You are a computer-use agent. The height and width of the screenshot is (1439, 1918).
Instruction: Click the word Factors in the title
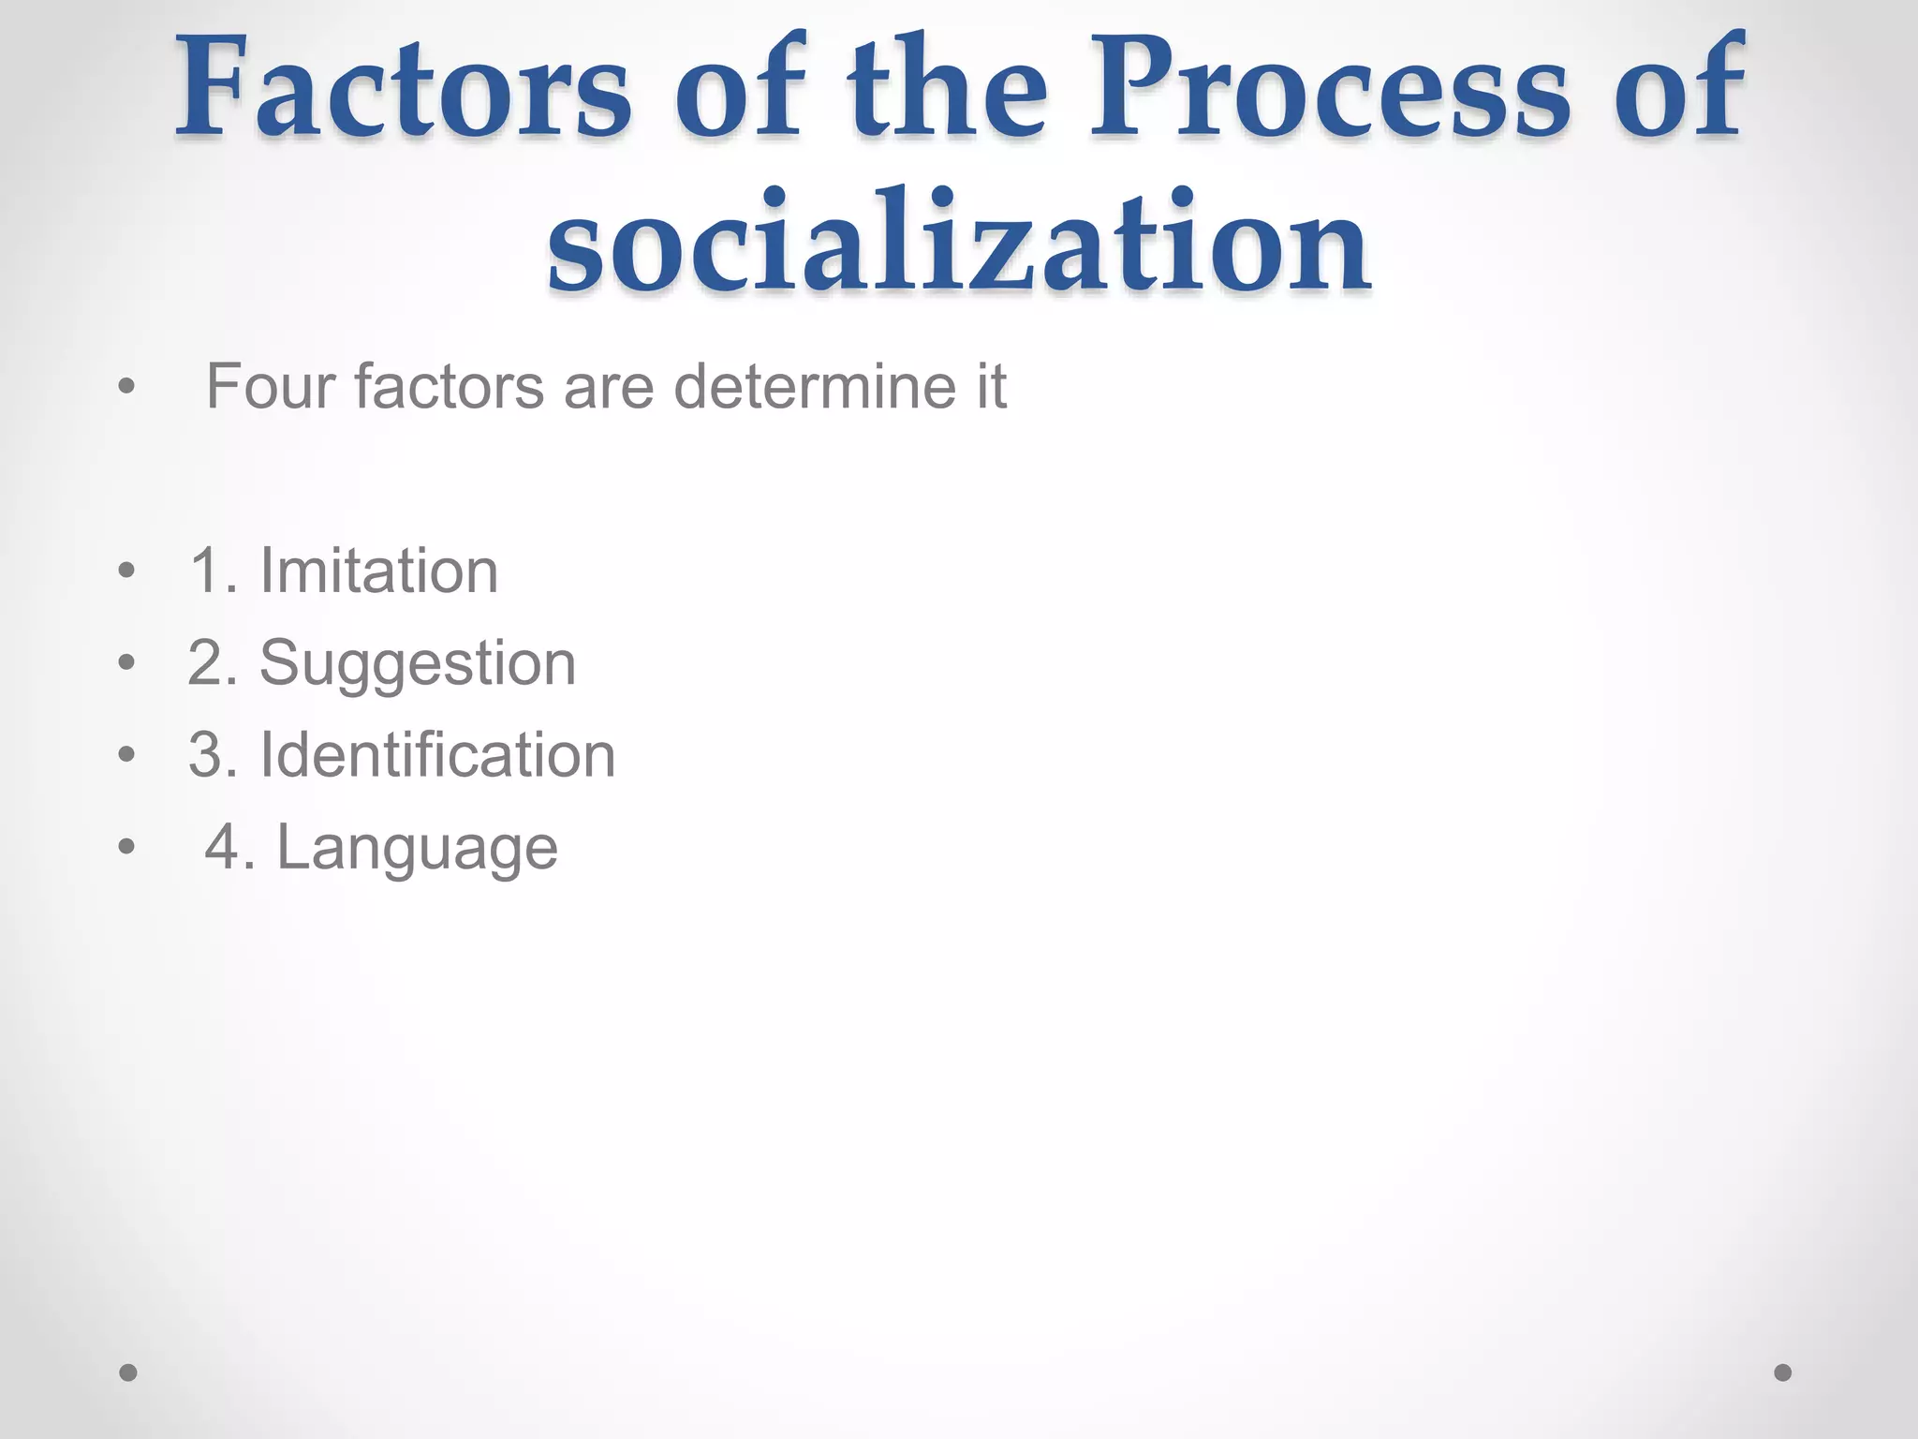click(x=404, y=89)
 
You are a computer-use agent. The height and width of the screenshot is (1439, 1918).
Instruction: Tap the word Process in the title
click(x=1330, y=89)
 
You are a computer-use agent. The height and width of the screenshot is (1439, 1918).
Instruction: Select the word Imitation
click(x=378, y=571)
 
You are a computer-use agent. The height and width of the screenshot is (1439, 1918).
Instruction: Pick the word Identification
click(x=437, y=755)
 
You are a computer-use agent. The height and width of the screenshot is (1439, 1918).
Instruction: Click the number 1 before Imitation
click(x=207, y=571)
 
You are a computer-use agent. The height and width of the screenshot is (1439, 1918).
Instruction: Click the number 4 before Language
click(x=224, y=847)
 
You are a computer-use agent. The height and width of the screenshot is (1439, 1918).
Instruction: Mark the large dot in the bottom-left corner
click(x=128, y=1372)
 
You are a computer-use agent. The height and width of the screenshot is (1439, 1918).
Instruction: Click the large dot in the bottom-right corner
click(x=1783, y=1372)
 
